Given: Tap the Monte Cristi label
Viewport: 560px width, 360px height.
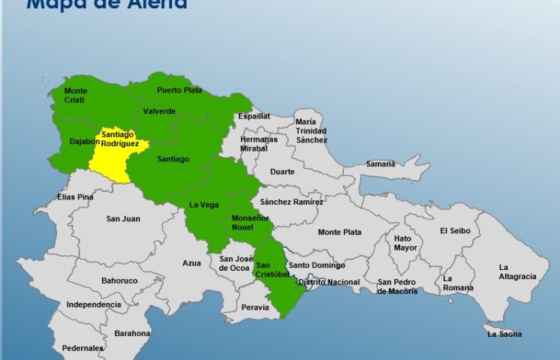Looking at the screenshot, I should pos(76,95).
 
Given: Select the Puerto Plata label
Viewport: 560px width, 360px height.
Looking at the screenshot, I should pos(179,90).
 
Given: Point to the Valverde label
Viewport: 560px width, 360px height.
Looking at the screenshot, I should pos(158,111).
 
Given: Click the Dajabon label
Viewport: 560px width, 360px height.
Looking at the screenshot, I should pos(84,141).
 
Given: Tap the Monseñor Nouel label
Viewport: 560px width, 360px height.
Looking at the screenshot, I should pos(249,222).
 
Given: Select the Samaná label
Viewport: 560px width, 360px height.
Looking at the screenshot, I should pos(380,163).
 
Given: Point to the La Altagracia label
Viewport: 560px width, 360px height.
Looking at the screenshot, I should pos(517,271).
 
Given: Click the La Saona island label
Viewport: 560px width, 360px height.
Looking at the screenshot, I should pos(504,334).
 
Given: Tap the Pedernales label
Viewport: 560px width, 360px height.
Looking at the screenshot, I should pos(83,348).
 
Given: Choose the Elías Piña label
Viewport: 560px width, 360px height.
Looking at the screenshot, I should pos(75,197).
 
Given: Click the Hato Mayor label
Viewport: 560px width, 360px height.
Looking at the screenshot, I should pos(405,242).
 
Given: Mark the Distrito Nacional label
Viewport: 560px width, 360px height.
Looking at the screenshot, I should pos(329,282).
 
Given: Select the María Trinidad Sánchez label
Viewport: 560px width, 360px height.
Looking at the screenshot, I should pos(311,130).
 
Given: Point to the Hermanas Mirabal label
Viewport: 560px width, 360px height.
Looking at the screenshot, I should pos(259,143).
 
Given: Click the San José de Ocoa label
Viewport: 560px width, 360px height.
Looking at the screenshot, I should pos(233,263).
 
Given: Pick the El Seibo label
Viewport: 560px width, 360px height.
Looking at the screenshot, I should pos(455,231).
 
